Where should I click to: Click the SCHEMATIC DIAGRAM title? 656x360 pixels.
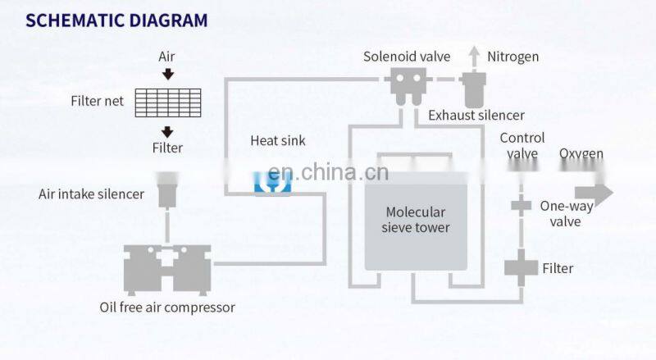click(x=116, y=21)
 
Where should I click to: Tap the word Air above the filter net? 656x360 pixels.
click(x=167, y=57)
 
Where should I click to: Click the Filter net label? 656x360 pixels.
click(x=98, y=103)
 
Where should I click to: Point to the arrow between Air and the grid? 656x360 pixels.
click(x=167, y=75)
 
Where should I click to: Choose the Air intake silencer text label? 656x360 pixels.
click(x=91, y=194)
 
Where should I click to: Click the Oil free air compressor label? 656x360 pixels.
click(x=166, y=308)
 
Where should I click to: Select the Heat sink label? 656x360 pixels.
click(x=277, y=141)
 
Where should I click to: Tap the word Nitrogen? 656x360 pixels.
click(x=513, y=57)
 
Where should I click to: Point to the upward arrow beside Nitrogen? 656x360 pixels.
click(x=473, y=56)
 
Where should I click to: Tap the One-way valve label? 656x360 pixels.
click(x=566, y=214)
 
